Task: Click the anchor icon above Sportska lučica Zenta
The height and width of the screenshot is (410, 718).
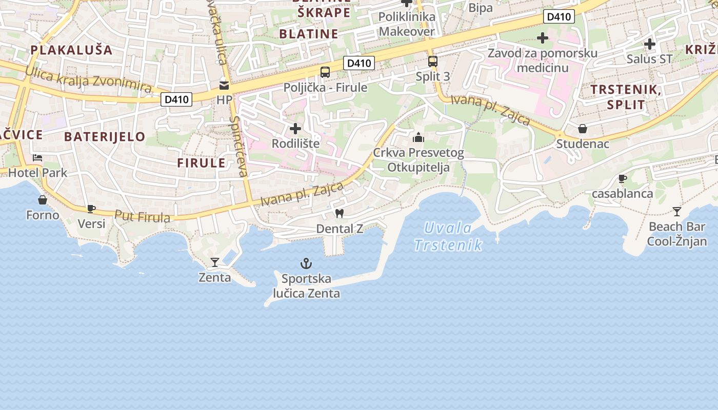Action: [x=306, y=264]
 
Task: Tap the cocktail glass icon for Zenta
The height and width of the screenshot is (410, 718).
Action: [x=215, y=262]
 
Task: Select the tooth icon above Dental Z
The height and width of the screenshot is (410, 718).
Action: [x=339, y=213]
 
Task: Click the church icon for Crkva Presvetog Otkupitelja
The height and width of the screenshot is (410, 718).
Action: [x=418, y=137]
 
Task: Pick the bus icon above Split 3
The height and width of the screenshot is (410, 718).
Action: [x=433, y=61]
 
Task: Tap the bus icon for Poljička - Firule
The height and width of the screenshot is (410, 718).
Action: [x=325, y=72]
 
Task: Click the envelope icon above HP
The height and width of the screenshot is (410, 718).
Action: [x=224, y=85]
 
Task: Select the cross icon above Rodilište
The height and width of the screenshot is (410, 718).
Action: [x=295, y=128]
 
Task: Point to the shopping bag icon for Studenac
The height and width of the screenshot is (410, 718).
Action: [x=583, y=128]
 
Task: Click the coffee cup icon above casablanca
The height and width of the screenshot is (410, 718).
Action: [x=623, y=178]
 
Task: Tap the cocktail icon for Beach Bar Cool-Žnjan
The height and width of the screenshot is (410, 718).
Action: [x=677, y=211]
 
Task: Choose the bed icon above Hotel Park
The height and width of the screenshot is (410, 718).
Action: [x=37, y=158]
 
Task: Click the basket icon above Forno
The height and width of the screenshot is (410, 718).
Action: [x=43, y=199]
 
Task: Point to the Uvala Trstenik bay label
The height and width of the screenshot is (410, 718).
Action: [x=448, y=236]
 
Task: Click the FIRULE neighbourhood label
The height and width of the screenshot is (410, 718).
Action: [x=201, y=163]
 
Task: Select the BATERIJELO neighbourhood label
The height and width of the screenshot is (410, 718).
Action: [x=105, y=137]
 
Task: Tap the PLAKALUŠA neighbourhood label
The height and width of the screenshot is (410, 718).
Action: [x=71, y=50]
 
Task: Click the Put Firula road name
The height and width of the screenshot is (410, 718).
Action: [x=142, y=216]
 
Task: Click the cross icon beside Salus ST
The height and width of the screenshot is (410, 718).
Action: [x=650, y=44]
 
